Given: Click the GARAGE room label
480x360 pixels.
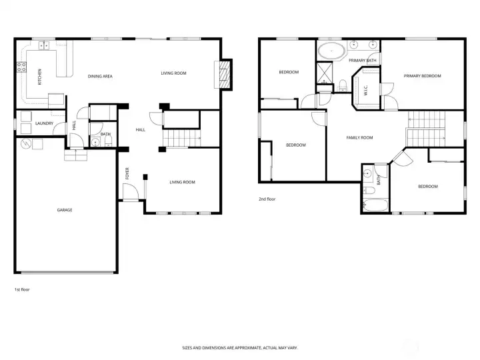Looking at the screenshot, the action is point(65,210).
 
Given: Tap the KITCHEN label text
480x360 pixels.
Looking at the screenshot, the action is point(39,77).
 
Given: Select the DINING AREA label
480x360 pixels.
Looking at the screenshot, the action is point(100,76).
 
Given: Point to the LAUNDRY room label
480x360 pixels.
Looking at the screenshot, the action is point(45,123).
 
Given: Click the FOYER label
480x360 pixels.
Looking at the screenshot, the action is point(127,173).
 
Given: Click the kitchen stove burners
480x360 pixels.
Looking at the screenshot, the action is point(21,67).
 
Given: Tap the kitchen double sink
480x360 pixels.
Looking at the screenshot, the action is point(44,45).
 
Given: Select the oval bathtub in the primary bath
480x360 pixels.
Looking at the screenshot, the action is point(331,51).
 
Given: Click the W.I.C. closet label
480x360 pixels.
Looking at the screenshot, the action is point(365,90).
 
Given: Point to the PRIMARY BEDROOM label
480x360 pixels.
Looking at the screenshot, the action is point(422,76).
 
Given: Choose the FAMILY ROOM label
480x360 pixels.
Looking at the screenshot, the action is point(359,138).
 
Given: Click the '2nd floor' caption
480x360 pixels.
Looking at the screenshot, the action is point(267,199).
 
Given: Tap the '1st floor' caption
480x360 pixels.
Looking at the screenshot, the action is point(22,289).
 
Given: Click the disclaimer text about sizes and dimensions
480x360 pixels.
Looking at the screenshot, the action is point(240,348).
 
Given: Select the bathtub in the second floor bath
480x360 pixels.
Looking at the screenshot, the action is point(375,205).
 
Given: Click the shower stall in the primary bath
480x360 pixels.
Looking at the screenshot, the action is point(325,72).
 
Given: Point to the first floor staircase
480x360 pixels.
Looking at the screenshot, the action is point(181,139).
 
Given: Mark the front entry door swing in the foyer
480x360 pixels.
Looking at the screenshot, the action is point(131,191).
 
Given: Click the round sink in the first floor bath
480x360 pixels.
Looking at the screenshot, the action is point(95,142).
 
